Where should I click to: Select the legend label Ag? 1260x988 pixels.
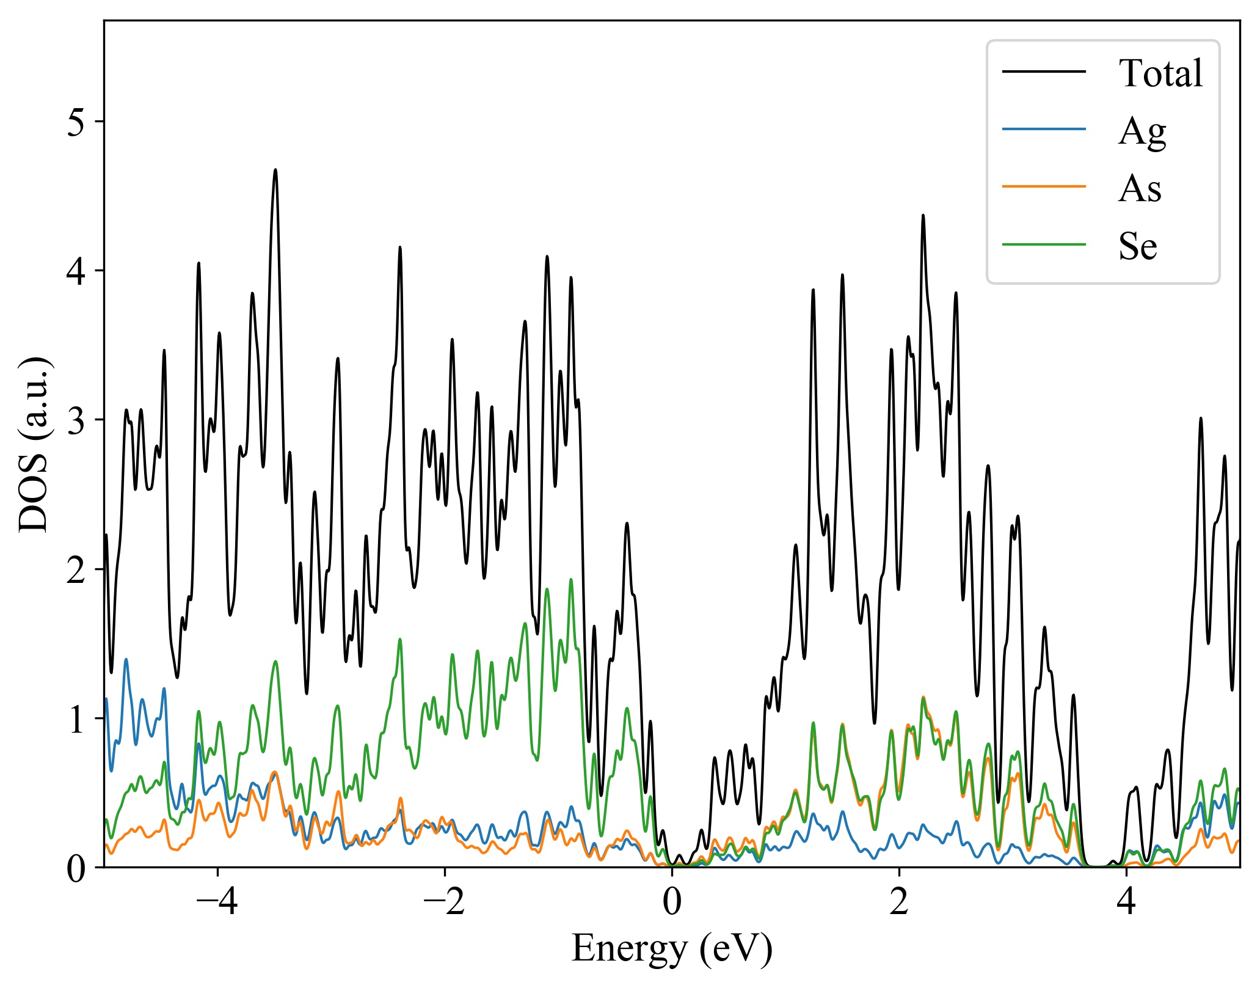click(1142, 131)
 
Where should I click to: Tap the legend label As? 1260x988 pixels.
click(1140, 188)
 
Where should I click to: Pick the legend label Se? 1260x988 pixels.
click(1138, 246)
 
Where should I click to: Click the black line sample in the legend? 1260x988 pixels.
click(1044, 71)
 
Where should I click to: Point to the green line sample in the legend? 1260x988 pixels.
click(1044, 244)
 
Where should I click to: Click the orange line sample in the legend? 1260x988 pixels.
click(1044, 186)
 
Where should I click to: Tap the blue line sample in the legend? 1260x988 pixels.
click(1044, 129)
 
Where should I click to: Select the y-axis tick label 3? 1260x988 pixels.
click(76, 421)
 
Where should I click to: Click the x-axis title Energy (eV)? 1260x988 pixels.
click(672, 949)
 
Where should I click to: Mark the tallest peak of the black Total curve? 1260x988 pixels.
click(275, 170)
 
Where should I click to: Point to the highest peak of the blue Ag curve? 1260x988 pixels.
click(126, 659)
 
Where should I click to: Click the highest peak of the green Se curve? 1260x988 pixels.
click(571, 579)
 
